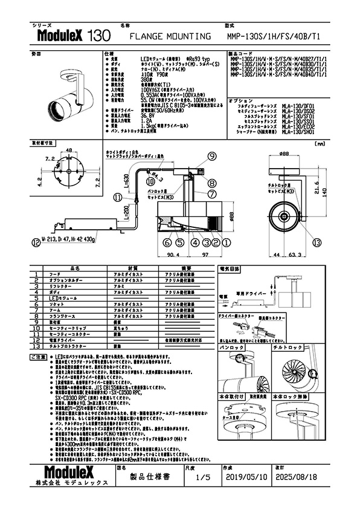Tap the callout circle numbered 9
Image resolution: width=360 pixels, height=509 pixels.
point(212,157)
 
